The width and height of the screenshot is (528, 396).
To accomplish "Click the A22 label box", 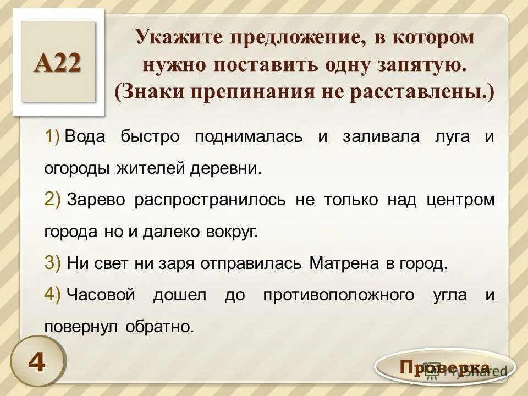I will point(58,62).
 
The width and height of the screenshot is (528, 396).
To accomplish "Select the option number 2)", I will point(53,200).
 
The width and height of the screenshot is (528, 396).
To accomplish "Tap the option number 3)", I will point(53,263).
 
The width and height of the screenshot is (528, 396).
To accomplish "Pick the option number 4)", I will point(53,295).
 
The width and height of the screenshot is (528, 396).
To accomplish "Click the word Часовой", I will point(101,295).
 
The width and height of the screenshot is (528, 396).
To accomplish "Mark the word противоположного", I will point(339,295).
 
